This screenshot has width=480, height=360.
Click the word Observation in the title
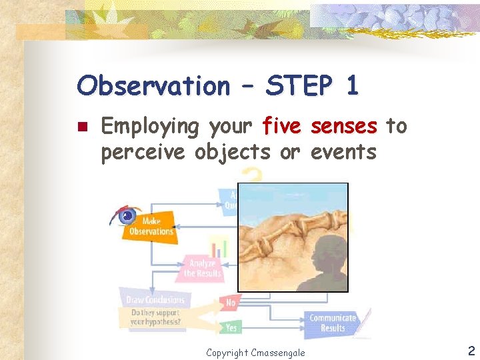coord(153,86)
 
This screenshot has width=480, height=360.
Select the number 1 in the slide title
coord(351,86)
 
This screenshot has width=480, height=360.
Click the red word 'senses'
coord(344,126)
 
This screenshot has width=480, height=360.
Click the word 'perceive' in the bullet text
coord(145,152)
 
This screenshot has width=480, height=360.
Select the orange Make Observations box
coord(150,227)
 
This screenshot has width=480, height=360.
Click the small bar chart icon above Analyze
coord(219,247)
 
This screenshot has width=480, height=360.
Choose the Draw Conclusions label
coord(154,300)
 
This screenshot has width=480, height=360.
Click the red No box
coord(231,303)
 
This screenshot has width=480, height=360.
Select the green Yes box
coord(231,327)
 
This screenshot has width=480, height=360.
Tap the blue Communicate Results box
coord(332,323)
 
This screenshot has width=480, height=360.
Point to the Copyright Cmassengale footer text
coord(255,352)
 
